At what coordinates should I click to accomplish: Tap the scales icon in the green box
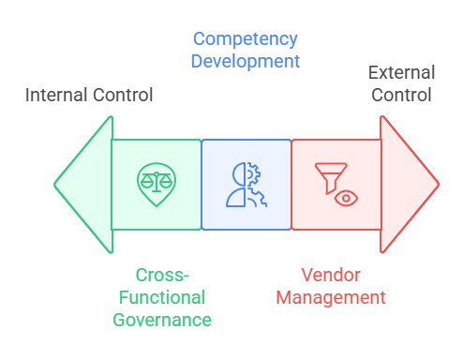[156, 181]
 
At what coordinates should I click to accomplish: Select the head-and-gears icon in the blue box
[246, 185]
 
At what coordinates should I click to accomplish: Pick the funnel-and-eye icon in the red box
[336, 184]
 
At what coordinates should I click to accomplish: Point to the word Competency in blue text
[246, 39]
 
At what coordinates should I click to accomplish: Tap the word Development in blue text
[246, 62]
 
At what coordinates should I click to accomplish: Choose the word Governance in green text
[162, 320]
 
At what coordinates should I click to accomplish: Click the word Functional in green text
[162, 297]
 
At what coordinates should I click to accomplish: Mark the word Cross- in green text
[162, 275]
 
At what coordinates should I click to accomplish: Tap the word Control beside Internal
[122, 95]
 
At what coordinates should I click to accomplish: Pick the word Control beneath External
[400, 95]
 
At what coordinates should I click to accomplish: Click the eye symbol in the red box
[347, 197]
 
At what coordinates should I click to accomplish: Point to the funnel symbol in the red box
[329, 174]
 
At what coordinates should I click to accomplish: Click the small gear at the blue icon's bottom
[260, 198]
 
